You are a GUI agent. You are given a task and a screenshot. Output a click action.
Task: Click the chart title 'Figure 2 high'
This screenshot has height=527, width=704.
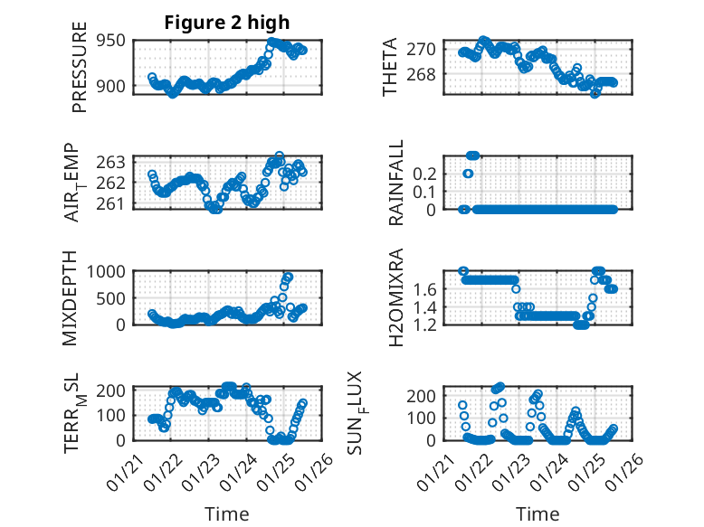tap(226, 23)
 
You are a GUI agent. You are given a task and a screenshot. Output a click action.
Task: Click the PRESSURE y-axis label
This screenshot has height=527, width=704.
tap(80, 72)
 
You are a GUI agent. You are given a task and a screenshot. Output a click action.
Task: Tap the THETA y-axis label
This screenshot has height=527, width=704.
tap(390, 67)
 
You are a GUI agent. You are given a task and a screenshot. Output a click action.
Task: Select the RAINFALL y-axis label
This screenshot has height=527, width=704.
tap(396, 183)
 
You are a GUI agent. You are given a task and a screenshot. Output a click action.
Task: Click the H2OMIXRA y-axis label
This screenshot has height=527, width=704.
tap(395, 297)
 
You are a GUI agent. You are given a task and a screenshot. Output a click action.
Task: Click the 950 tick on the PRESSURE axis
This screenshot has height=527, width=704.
tap(115, 42)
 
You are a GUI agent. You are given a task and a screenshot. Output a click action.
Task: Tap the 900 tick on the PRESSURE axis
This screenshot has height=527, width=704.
tap(115, 87)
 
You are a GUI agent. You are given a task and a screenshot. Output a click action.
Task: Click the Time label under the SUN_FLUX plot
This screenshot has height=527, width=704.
tap(538, 514)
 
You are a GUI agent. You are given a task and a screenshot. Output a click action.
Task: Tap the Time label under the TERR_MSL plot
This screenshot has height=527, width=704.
tap(226, 514)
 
